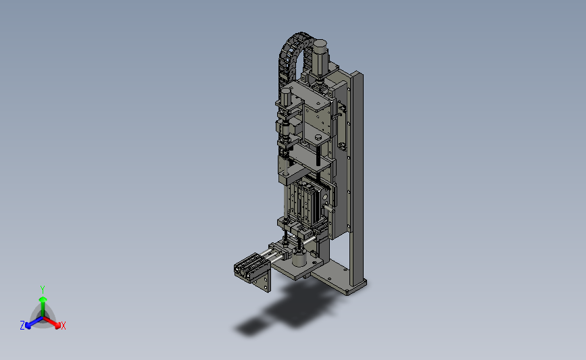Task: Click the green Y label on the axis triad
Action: pos(43,290)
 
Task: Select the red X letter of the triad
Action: pos(63,326)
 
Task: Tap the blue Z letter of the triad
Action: pos(22,326)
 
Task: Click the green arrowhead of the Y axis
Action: pos(43,299)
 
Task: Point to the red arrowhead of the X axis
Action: pos(57,326)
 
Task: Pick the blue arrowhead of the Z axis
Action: pos(28,326)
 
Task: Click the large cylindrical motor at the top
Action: pos(320,56)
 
